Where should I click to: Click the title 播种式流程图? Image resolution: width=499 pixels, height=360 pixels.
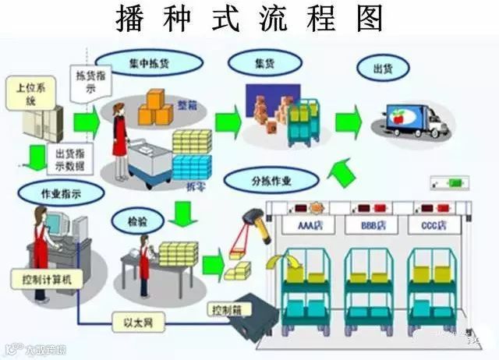click(x=249, y=19)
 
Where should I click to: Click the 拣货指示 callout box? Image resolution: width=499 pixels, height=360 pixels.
click(x=91, y=83)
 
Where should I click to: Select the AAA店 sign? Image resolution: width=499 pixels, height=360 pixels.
click(x=312, y=226)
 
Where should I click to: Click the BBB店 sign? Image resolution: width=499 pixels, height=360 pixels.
click(x=373, y=226)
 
